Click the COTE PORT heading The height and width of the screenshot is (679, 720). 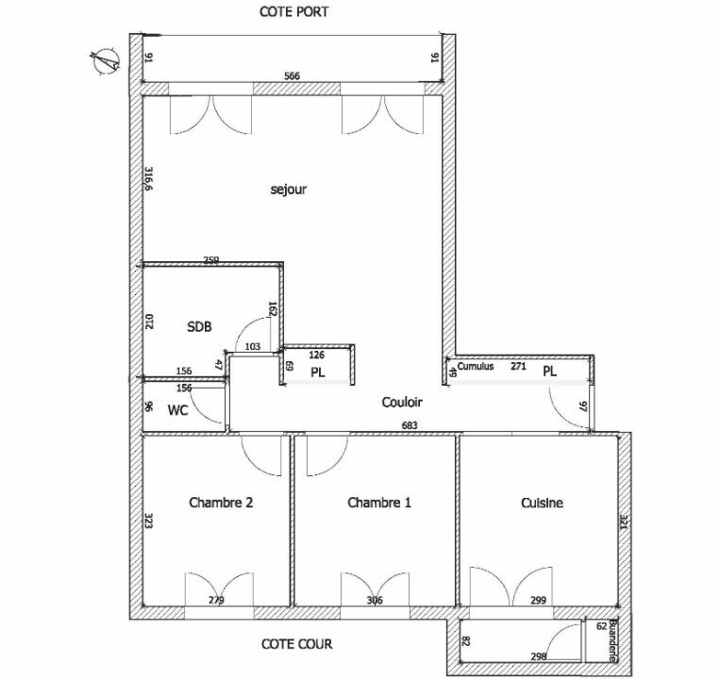point(293,12)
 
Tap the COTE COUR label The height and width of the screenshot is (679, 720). point(297,646)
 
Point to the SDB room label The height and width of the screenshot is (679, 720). point(199,326)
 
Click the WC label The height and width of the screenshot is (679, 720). point(178,410)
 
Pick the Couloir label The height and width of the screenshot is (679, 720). point(402,403)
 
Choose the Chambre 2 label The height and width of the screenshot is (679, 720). point(221,503)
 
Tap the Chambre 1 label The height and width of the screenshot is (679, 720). point(379,503)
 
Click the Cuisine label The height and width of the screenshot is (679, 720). point(542,503)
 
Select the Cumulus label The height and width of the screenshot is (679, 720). point(476,366)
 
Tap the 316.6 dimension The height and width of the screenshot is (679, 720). point(149,179)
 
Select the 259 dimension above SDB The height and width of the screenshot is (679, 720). point(211,259)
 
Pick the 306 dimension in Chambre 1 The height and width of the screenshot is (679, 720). point(377,601)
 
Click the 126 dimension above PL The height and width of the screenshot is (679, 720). point(316,356)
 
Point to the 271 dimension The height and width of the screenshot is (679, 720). point(518,366)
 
